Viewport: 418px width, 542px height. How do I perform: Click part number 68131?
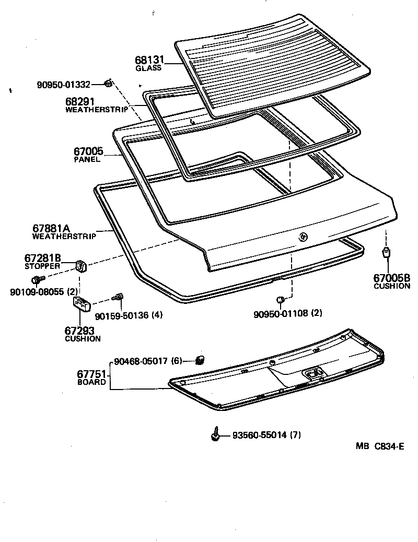point(150,60)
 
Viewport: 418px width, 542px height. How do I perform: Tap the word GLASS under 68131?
point(148,68)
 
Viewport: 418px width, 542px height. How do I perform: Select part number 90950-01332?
point(63,84)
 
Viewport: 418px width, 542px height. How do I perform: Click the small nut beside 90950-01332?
point(108,83)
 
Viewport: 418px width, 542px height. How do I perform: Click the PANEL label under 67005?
point(87,160)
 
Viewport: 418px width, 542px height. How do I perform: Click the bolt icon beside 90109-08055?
point(37,280)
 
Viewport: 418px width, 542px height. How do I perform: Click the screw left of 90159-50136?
point(119,297)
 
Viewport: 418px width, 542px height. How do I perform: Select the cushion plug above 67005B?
point(387,254)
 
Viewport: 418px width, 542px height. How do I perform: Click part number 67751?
point(92,374)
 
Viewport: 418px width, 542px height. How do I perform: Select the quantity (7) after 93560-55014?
point(295,435)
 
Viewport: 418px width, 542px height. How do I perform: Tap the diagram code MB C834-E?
point(380,446)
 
